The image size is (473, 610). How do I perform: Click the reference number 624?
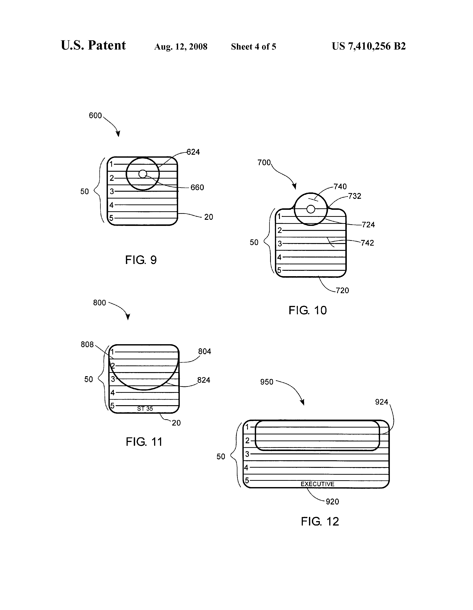[193, 152]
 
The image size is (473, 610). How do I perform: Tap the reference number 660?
[197, 187]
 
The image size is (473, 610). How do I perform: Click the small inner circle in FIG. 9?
[143, 174]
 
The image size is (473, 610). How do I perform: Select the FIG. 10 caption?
[307, 310]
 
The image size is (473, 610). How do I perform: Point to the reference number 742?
[367, 243]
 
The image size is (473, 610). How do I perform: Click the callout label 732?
[355, 196]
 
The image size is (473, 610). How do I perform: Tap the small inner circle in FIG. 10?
[311, 209]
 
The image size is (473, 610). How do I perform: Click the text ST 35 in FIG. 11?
[145, 409]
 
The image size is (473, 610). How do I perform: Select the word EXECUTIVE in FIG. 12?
[317, 484]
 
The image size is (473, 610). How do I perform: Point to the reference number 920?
[332, 502]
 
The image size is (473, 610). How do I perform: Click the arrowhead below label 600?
[118, 134]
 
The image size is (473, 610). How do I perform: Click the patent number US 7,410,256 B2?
[369, 46]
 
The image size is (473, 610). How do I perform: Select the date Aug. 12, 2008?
[181, 47]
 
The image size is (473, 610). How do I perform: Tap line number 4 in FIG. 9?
[111, 205]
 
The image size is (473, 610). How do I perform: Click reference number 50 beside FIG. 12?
[221, 457]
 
